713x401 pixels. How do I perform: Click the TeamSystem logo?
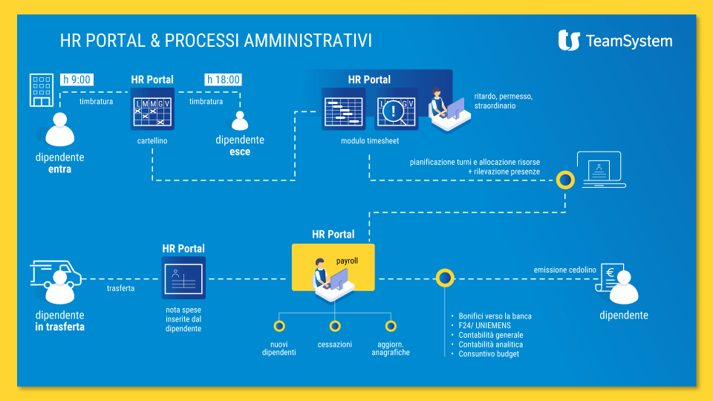615,40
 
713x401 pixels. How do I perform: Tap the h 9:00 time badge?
76,79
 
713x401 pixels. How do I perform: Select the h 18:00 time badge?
223,79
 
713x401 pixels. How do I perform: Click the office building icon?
42,90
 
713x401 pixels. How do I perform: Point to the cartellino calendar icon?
152,109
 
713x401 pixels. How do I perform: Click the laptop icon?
601,169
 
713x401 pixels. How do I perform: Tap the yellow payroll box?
333,267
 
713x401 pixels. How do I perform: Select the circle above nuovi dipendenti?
279,326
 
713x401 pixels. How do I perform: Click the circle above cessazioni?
335,326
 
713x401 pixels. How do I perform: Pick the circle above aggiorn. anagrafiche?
391,326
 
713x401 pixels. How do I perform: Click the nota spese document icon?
183,278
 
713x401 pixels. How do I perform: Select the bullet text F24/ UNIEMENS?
485,325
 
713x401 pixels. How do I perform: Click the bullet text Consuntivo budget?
489,353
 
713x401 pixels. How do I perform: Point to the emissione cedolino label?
564,270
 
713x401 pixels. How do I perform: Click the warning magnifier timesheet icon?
396,109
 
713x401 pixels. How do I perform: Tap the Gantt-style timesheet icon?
343,109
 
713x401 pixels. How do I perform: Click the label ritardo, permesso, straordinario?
504,101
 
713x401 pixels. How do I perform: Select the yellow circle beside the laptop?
565,180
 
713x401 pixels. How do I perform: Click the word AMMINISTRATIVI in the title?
307,40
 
